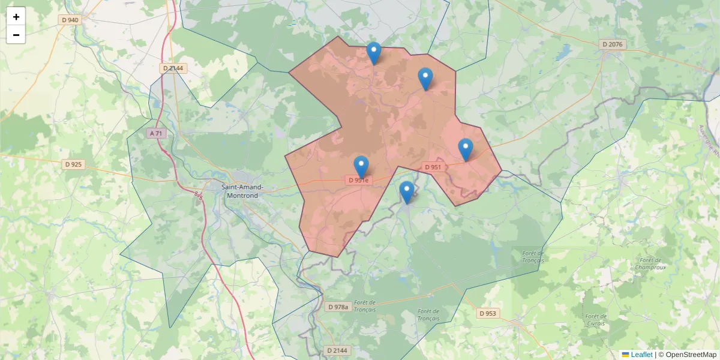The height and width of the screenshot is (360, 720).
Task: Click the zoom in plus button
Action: (x=16, y=17)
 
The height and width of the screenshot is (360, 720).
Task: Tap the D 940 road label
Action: (x=70, y=20)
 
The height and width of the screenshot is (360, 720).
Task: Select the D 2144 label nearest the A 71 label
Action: (x=173, y=68)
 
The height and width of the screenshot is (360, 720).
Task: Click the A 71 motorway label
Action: (x=156, y=133)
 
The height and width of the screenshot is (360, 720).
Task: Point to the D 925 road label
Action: (x=73, y=164)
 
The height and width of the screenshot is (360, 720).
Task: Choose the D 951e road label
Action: (x=360, y=180)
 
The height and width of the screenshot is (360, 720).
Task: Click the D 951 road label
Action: (x=433, y=167)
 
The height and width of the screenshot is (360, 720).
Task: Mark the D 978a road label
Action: (x=338, y=307)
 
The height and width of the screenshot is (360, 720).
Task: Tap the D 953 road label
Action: (x=488, y=313)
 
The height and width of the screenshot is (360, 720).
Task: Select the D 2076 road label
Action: (x=613, y=44)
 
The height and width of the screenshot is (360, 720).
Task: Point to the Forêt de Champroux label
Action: (x=648, y=263)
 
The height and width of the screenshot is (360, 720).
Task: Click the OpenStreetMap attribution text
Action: (x=687, y=355)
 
